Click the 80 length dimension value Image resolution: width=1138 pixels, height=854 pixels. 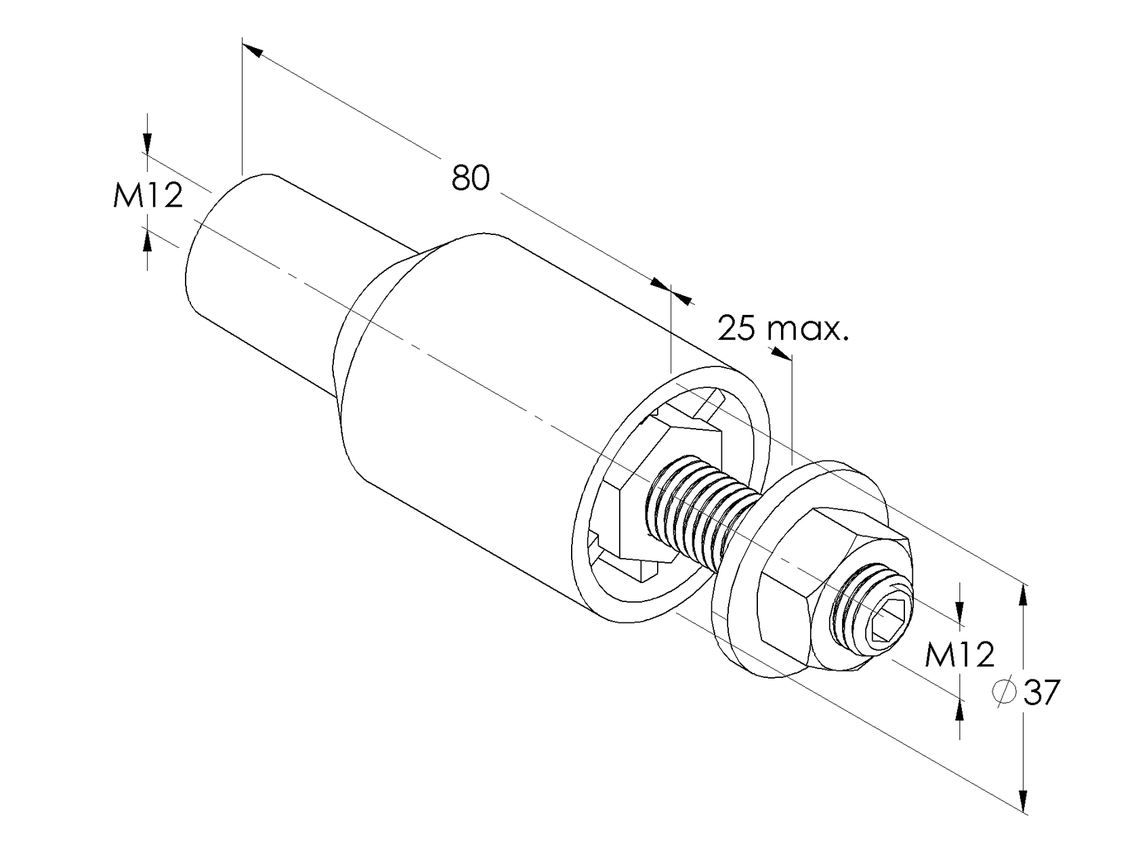tap(470, 178)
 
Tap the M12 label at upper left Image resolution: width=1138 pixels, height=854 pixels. tap(148, 196)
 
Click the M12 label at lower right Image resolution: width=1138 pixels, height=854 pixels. tap(960, 655)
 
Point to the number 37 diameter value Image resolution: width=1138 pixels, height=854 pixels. tap(1041, 693)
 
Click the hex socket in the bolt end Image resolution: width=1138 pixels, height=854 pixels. tap(887, 621)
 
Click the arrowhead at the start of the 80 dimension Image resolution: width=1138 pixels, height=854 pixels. tap(251, 49)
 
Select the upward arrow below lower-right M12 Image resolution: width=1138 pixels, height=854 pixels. tap(959, 711)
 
